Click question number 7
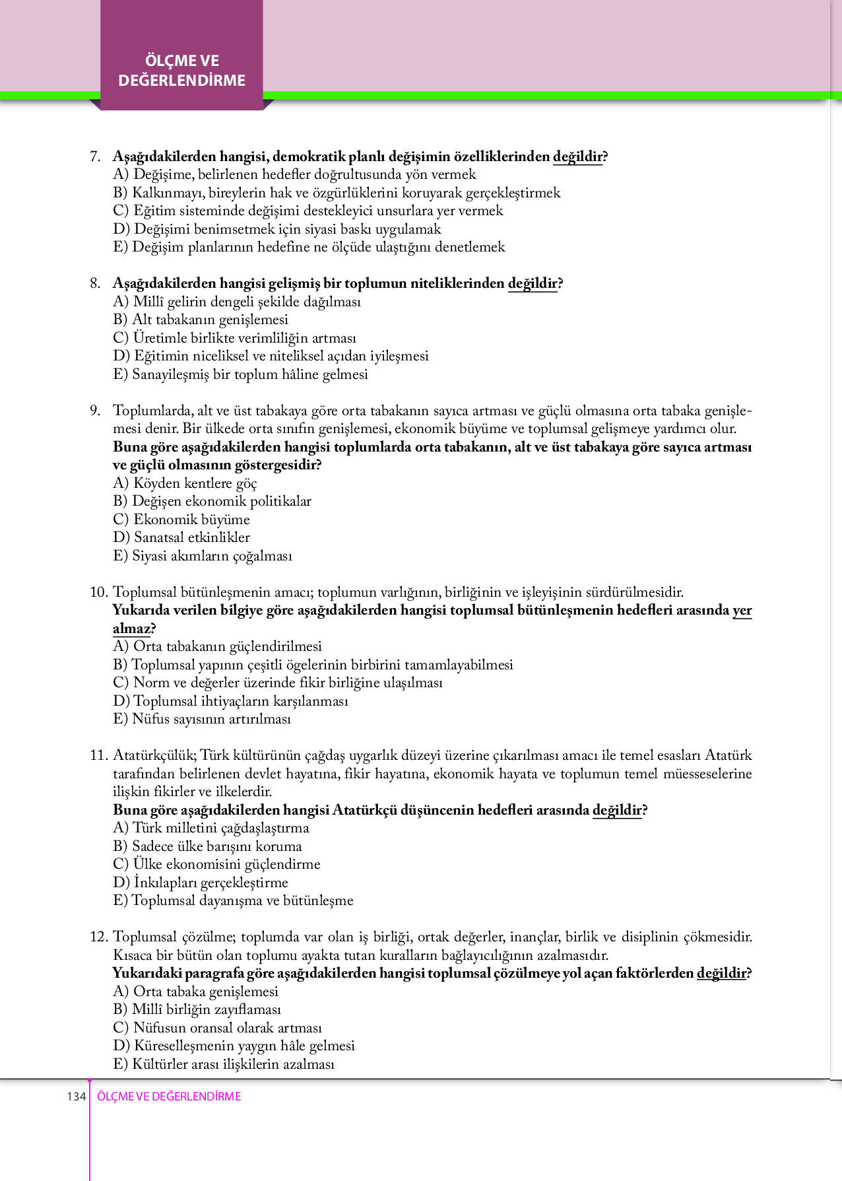pos(95,156)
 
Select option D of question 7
pos(277,229)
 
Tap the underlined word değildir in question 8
pos(532,283)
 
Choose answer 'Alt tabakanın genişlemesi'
pos(201,320)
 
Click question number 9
pos(95,411)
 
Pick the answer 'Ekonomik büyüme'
pos(181,520)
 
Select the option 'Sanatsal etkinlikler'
pos(181,537)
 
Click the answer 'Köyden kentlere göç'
pos(185,483)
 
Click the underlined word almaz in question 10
pos(131,628)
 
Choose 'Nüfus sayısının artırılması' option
pos(202,719)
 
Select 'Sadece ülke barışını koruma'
pos(207,846)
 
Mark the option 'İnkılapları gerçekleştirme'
pos(201,883)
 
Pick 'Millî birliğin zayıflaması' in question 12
pos(197,1009)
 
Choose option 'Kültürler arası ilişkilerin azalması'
pos(224,1064)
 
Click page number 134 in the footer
pos(76,1097)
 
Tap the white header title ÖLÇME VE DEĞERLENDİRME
pos(182,71)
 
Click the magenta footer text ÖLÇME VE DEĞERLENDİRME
pos(169,1097)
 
